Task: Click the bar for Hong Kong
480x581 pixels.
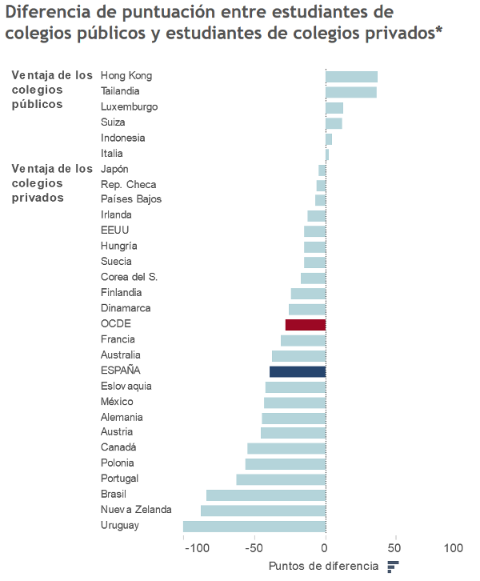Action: tap(351, 77)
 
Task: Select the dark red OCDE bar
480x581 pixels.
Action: tap(306, 324)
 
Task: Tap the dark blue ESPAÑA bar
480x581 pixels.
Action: tap(298, 371)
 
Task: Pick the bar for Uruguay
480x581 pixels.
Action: tap(254, 526)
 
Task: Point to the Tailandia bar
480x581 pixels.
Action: tap(350, 92)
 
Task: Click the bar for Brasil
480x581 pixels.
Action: tap(266, 495)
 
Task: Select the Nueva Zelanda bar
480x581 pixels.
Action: tap(263, 511)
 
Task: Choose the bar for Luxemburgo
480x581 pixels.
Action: tap(334, 107)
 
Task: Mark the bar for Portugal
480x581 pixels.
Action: tap(281, 479)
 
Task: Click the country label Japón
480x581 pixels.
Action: tap(114, 170)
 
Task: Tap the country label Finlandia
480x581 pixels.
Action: tap(121, 293)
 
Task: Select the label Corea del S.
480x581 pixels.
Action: tap(129, 277)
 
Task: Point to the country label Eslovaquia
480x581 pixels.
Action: tap(126, 387)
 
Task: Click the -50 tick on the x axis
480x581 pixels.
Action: tap(254, 548)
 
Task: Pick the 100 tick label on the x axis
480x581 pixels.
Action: tap(453, 548)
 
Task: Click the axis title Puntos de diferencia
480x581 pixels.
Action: tap(323, 567)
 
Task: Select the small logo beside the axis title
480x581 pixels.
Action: tap(393, 567)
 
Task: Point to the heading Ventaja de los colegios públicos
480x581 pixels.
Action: tap(52, 90)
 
